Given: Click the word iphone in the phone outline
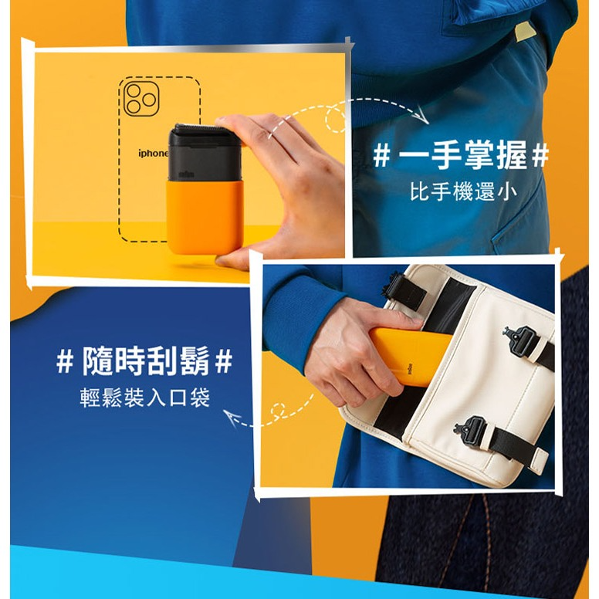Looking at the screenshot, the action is (x=153, y=153).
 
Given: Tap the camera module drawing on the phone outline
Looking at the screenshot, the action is (x=141, y=99).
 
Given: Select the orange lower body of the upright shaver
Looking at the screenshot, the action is (x=205, y=217).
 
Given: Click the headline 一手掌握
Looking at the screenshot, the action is (x=462, y=154).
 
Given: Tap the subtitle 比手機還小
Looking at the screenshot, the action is (x=464, y=191).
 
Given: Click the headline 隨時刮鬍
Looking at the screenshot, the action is (x=145, y=361).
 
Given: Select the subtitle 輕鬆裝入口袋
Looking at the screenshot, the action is (x=145, y=398).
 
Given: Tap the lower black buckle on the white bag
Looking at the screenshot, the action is (x=470, y=430).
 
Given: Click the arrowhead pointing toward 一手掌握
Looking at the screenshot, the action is (x=422, y=115).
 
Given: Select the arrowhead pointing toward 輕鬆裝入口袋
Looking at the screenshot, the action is (x=232, y=417).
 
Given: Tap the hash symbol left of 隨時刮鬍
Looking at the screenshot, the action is (x=65, y=361).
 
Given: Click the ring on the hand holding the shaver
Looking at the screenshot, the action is (x=271, y=134).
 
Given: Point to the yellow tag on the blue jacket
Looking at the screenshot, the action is (x=525, y=32).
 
